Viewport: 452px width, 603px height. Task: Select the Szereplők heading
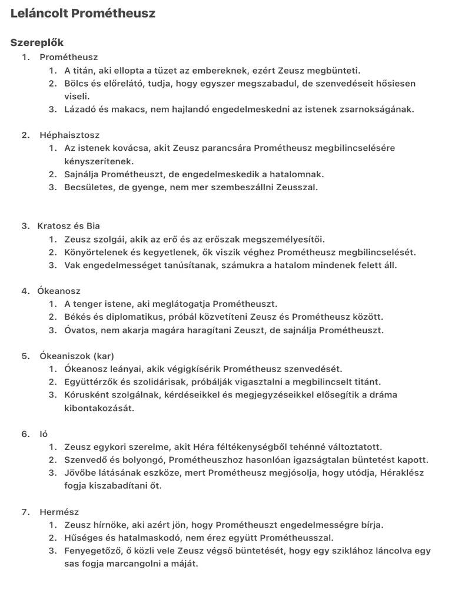click(37, 42)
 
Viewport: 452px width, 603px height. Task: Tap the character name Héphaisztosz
click(69, 135)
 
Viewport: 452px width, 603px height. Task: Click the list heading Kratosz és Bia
click(68, 226)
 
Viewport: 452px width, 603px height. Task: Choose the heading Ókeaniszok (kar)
click(77, 356)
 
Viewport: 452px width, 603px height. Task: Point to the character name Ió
click(44, 434)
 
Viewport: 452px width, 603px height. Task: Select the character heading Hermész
click(59, 512)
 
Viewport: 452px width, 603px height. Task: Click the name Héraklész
click(398, 473)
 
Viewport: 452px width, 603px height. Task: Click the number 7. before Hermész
click(25, 512)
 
